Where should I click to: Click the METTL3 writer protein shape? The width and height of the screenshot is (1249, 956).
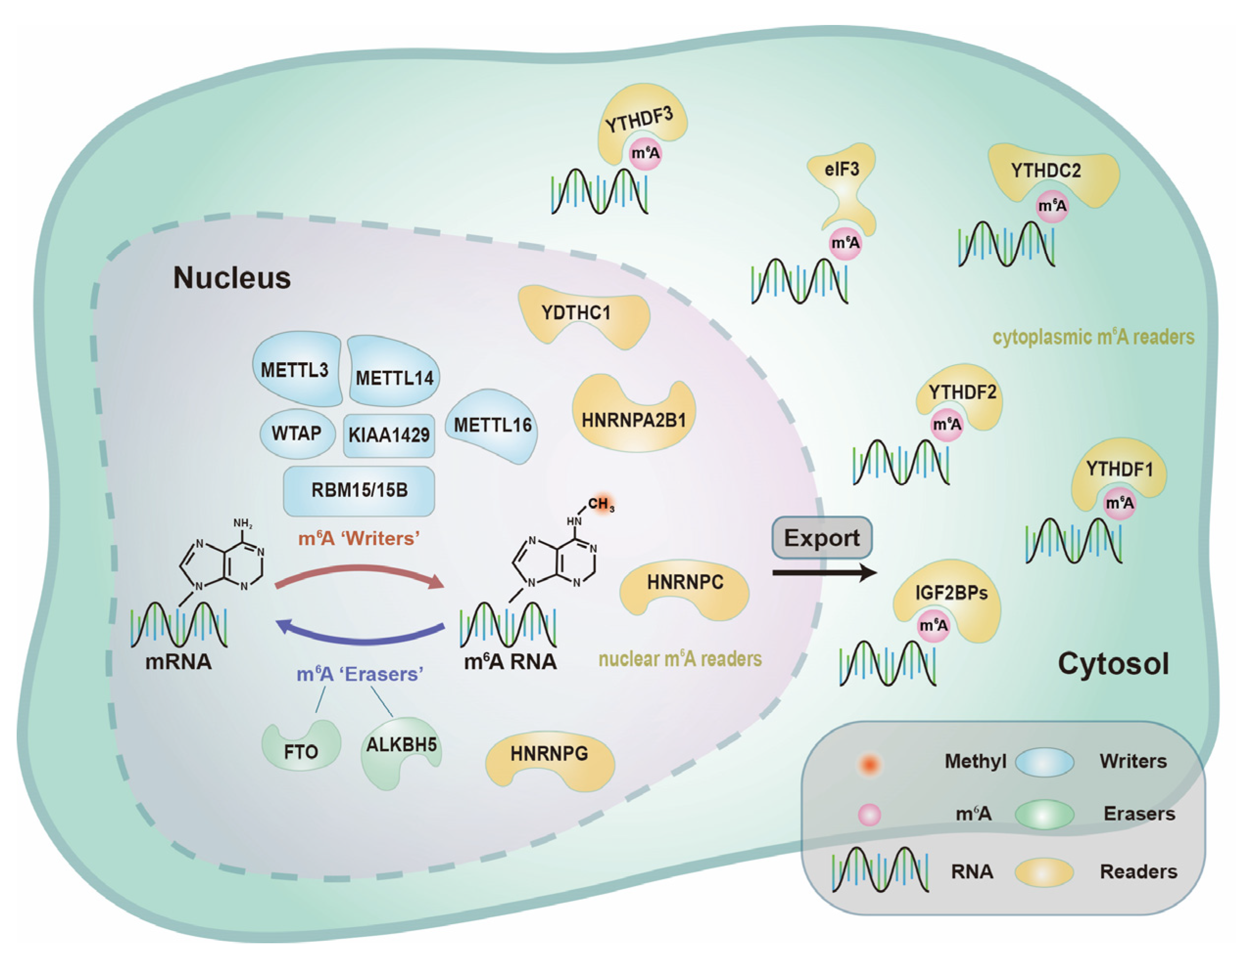click(296, 370)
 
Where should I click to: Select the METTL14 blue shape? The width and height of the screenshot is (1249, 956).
click(394, 375)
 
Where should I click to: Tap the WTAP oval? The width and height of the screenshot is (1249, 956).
click(296, 434)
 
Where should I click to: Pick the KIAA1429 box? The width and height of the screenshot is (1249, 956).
click(389, 435)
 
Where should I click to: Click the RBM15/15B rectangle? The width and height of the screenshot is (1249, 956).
click(359, 490)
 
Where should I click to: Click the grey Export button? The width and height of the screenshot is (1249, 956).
click(822, 538)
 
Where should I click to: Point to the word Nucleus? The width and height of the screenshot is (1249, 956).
click(232, 278)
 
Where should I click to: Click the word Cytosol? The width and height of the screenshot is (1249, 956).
click(1113, 663)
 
